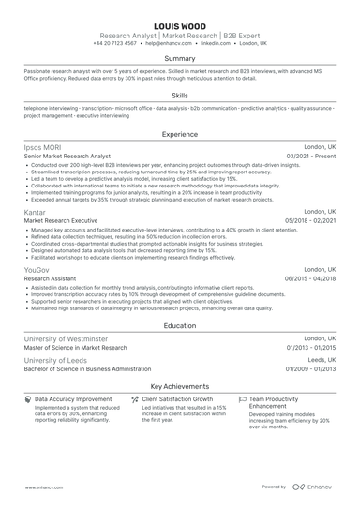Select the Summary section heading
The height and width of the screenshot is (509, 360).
[x=180, y=58]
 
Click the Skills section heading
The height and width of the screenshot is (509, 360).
[x=180, y=96]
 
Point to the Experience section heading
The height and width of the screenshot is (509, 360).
[x=180, y=134]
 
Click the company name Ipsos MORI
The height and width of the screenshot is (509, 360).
[x=43, y=147]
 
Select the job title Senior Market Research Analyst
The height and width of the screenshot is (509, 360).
[x=67, y=157]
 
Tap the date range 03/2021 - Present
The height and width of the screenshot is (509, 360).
[x=311, y=157]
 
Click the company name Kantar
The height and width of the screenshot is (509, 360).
[x=37, y=212]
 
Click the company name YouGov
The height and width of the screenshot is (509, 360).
[x=38, y=269]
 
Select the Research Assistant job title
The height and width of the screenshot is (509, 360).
[x=49, y=278]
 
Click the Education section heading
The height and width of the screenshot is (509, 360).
[x=180, y=325]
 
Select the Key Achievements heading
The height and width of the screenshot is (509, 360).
[x=180, y=385]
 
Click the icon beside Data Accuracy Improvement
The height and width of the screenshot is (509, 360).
[x=27, y=398]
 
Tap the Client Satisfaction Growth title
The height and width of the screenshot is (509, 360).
[x=177, y=398]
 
